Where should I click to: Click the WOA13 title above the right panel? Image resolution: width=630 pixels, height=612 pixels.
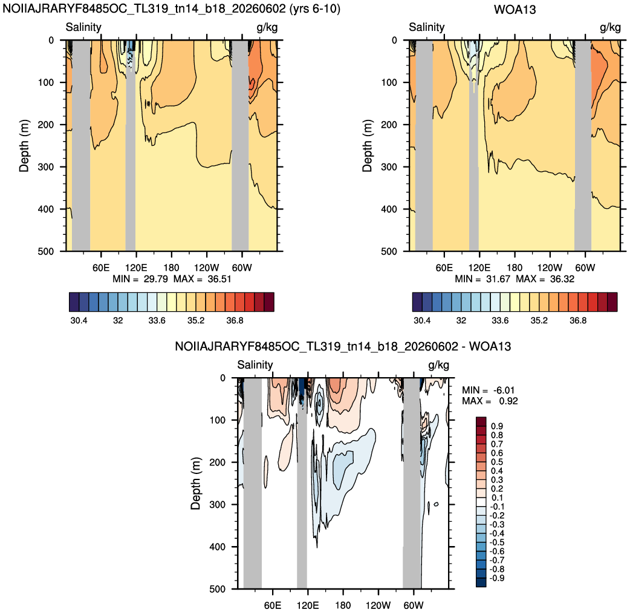pyautogui.click(x=515, y=9)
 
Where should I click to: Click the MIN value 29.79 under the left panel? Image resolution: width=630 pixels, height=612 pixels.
pyautogui.click(x=156, y=279)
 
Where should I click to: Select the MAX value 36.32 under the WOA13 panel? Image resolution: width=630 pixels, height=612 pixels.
pyautogui.click(x=562, y=279)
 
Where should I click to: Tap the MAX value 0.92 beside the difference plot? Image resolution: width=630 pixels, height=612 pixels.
pyautogui.click(x=508, y=401)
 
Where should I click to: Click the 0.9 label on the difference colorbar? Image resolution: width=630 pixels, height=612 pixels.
pyautogui.click(x=497, y=426)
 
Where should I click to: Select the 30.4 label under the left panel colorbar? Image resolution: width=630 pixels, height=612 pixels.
pyautogui.click(x=79, y=321)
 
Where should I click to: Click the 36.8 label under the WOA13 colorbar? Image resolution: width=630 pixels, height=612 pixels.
pyautogui.click(x=578, y=321)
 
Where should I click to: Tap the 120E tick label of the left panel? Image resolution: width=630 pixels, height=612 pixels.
pyautogui.click(x=136, y=268)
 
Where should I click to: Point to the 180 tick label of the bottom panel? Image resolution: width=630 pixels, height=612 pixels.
pyautogui.click(x=343, y=605)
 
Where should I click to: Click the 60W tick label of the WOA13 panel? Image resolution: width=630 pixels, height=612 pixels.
pyautogui.click(x=585, y=268)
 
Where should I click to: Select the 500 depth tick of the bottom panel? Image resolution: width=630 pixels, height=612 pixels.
pyautogui.click(x=218, y=589)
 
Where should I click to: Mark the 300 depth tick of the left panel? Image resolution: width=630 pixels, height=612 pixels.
pyautogui.click(x=46, y=167)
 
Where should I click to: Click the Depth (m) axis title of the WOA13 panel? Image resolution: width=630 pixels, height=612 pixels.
pyautogui.click(x=367, y=146)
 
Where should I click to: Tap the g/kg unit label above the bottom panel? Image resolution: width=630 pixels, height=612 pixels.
pyautogui.click(x=439, y=365)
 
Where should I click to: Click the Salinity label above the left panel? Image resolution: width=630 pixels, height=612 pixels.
pyautogui.click(x=83, y=27)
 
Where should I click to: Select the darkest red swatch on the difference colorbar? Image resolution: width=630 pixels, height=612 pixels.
pyautogui.click(x=481, y=422)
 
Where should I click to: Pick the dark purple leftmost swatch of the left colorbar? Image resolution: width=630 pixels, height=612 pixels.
pyautogui.click(x=74, y=302)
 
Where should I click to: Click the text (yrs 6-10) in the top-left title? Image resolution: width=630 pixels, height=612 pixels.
pyautogui.click(x=314, y=9)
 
